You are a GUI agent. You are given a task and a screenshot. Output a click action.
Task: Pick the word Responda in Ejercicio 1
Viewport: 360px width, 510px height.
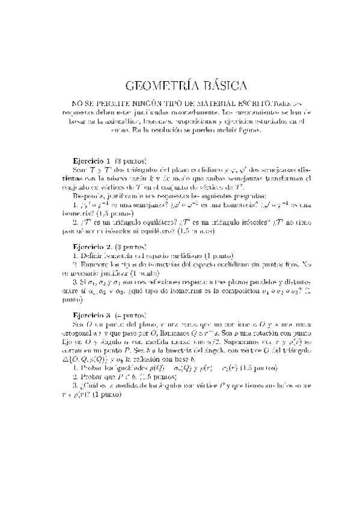click(87, 195)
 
